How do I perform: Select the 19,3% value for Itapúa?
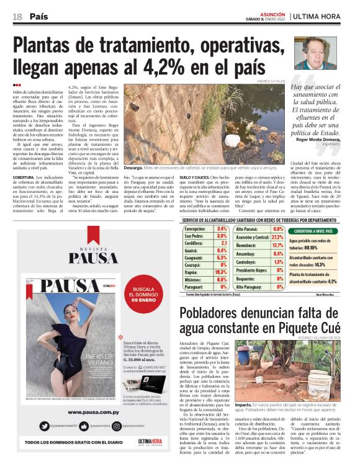(221, 272)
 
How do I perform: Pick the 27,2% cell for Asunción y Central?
(277, 238)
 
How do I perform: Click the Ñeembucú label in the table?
(246, 246)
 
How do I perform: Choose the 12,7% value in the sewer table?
(277, 246)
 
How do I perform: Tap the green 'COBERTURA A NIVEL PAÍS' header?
(315, 231)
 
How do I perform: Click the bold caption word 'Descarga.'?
(133, 167)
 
